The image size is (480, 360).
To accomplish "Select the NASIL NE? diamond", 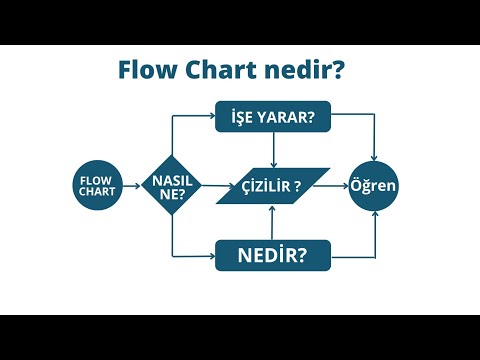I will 173,186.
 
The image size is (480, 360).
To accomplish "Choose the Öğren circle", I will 373,186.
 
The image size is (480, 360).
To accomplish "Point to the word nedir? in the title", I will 305,71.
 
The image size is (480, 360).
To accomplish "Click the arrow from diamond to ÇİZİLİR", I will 213,186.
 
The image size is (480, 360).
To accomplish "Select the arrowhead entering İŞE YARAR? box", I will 211,117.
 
